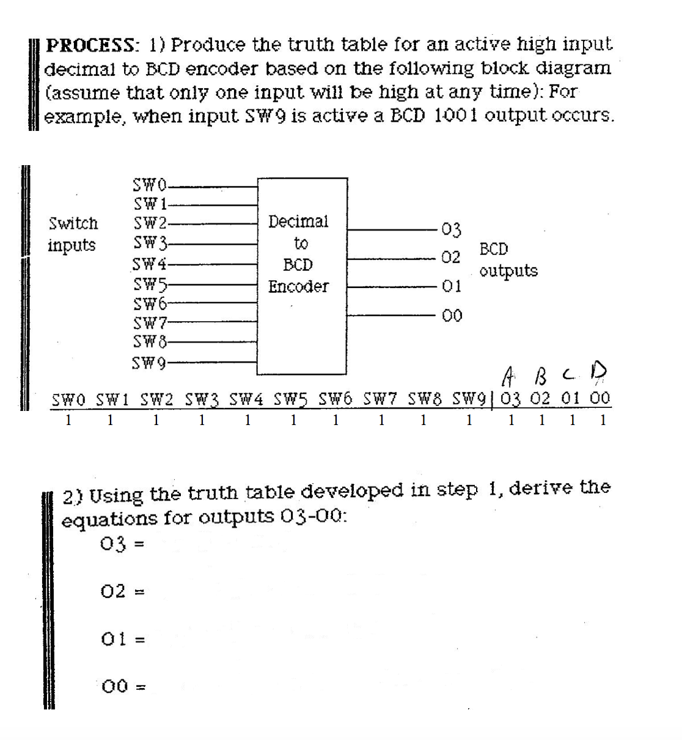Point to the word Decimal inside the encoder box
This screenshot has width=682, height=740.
[298, 221]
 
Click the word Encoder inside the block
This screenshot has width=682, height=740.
[298, 286]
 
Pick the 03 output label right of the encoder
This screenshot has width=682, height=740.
[451, 230]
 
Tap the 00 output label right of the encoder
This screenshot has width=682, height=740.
[452, 316]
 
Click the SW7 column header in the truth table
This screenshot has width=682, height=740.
[380, 399]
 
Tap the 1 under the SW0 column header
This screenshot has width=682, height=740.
[68, 420]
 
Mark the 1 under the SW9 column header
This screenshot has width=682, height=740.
[469, 420]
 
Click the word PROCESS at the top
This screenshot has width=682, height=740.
[92, 45]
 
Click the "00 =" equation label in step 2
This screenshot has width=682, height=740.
[123, 686]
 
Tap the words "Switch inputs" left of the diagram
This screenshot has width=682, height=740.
[73, 234]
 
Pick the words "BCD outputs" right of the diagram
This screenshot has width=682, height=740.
[508, 260]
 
